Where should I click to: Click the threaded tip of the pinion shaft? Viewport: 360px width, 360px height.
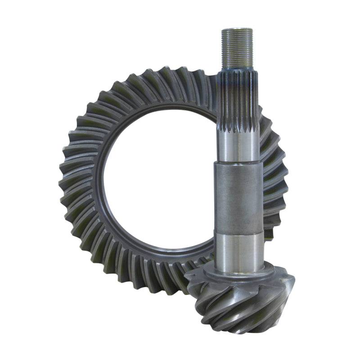237,49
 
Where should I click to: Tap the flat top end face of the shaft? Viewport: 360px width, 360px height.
237,30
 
